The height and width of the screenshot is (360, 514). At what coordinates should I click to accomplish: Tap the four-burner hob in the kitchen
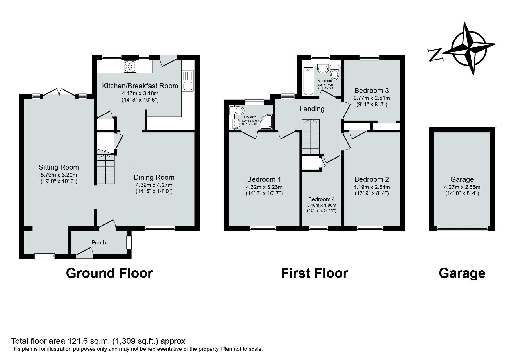point(130,66)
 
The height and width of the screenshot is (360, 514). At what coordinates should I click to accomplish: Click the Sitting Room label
point(59,167)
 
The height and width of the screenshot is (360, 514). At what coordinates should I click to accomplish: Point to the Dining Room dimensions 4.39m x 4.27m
point(154,185)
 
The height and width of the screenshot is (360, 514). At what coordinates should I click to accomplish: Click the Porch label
point(99,242)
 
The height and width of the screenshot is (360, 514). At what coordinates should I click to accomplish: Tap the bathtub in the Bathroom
point(308,81)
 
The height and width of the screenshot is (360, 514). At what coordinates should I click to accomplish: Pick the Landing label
point(312,109)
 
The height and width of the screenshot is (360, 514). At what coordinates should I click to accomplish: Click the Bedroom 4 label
point(321,199)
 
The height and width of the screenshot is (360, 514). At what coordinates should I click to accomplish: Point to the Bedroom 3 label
point(371,91)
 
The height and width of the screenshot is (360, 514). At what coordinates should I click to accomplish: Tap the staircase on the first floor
point(310,136)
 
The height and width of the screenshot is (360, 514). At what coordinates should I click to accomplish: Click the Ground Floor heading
point(109,273)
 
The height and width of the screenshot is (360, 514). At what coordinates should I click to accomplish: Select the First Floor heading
point(314,273)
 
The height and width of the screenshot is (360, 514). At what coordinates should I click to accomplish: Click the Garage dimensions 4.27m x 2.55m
point(462,187)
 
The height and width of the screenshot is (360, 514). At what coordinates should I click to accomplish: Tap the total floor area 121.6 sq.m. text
point(98,341)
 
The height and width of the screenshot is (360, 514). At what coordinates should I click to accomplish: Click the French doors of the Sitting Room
point(59,92)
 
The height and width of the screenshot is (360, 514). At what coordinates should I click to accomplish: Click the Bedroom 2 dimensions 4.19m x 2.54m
point(371,187)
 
